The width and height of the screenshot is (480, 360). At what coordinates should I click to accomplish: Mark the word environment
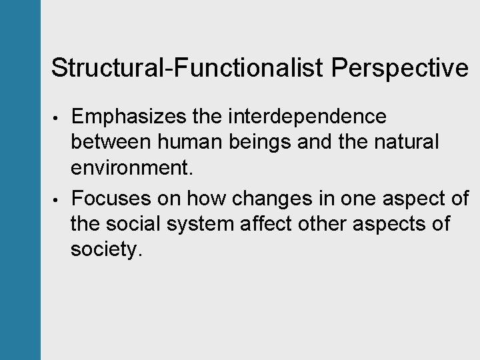(132, 168)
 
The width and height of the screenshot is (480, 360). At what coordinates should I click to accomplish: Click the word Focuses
(112, 198)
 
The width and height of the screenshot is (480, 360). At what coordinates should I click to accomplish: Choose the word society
(107, 250)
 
